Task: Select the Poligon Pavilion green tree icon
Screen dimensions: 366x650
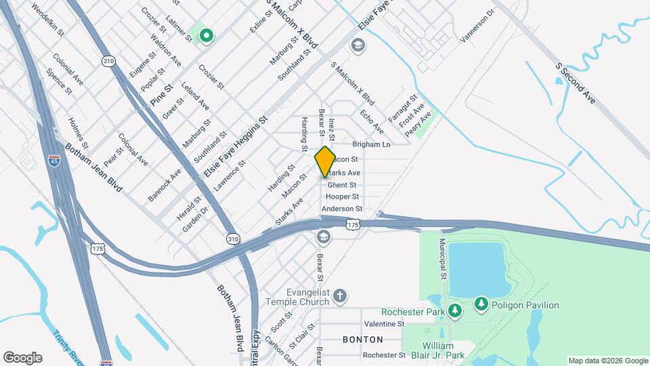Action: click(x=481, y=304)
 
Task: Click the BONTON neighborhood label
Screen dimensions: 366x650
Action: click(x=362, y=339)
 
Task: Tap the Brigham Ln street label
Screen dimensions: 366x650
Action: click(x=372, y=144)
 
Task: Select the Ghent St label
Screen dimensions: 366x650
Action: click(x=342, y=185)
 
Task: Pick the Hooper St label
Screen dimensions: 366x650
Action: click(x=342, y=197)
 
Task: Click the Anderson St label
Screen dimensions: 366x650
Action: click(x=342, y=209)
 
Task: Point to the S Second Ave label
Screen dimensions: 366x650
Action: click(x=575, y=83)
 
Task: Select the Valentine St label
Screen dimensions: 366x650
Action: click(x=384, y=324)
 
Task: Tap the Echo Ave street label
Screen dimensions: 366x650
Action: click(x=372, y=121)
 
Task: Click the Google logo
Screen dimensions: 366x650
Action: click(x=22, y=358)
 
